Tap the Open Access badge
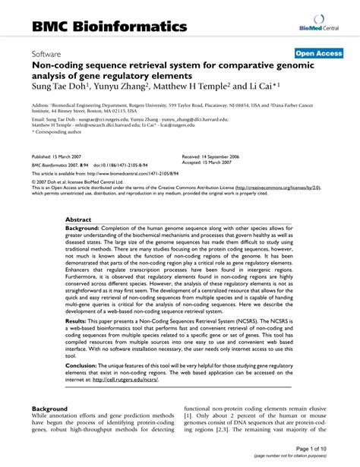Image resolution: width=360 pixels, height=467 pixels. (x=318, y=55)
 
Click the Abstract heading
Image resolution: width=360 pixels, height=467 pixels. (x=79, y=219)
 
